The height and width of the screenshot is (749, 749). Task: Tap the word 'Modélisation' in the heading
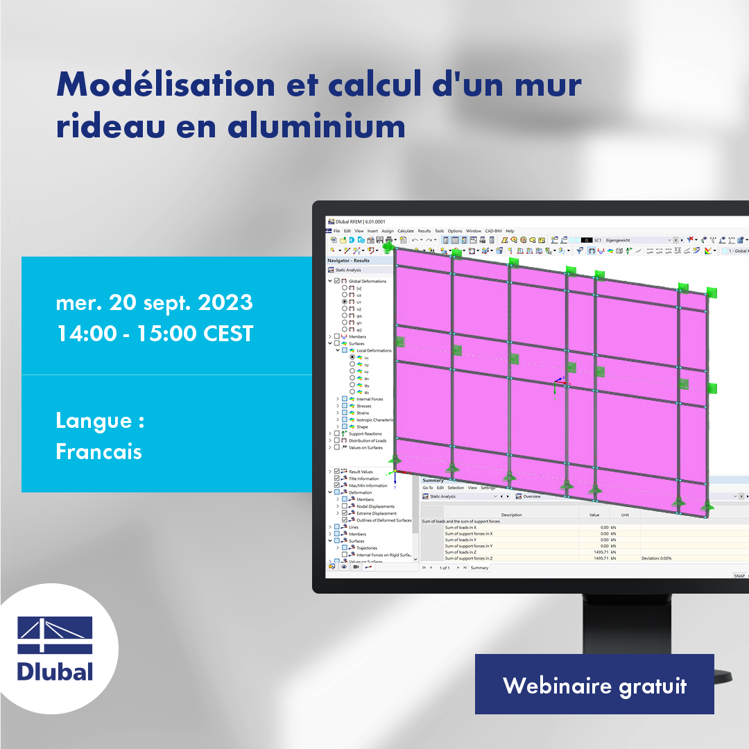(x=166, y=85)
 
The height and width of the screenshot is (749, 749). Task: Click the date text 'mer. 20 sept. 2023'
(x=155, y=303)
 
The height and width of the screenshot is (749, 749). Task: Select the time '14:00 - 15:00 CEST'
(x=155, y=334)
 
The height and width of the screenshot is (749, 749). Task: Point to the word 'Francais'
(x=99, y=451)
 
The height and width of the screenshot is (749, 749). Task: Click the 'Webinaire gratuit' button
(x=594, y=685)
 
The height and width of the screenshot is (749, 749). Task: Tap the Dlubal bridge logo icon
(x=55, y=635)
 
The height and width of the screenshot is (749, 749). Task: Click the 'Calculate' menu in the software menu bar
(x=406, y=231)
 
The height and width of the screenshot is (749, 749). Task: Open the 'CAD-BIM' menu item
(x=493, y=231)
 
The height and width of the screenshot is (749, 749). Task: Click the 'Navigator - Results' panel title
(x=349, y=261)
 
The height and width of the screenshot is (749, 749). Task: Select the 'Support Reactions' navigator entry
(x=365, y=433)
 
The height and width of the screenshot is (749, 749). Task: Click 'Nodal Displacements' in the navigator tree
(x=375, y=506)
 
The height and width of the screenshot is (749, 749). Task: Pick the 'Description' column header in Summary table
(x=511, y=515)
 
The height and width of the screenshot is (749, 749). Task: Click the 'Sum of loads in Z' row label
(x=460, y=552)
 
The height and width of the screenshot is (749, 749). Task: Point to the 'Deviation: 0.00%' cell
(x=656, y=558)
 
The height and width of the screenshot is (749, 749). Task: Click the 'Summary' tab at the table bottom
(x=479, y=567)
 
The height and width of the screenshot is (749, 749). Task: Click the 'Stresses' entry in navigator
(x=363, y=406)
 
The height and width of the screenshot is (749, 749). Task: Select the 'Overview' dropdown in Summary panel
(x=532, y=496)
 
